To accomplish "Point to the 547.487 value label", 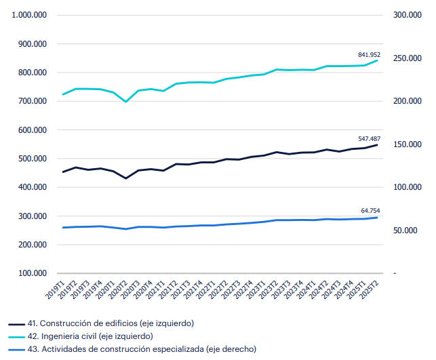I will point(369,139).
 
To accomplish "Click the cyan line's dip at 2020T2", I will point(126,102).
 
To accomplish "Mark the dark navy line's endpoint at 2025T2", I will point(377,144).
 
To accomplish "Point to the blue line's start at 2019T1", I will point(64,228).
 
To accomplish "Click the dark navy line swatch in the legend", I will point(17,323).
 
